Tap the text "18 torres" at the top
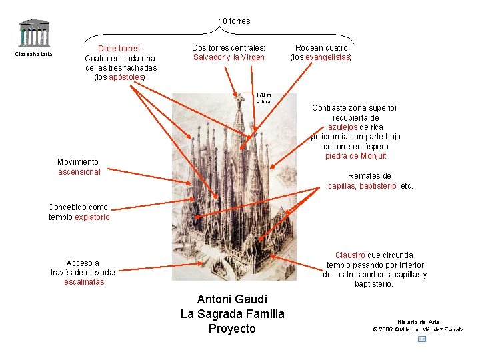click(234, 21)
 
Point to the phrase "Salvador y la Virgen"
click(229, 57)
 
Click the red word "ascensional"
click(79, 171)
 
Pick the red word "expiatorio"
click(92, 217)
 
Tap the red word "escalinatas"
click(84, 282)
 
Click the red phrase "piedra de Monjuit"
click(356, 156)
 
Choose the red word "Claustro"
click(350, 255)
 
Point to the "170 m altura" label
click(264, 98)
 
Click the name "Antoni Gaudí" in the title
click(232, 299)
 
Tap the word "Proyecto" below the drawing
click(232, 329)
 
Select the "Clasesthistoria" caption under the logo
click(33, 55)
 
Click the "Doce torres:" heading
click(120, 49)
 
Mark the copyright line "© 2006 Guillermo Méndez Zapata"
click(419, 329)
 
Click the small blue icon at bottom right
click(422, 339)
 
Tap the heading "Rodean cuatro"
click(321, 48)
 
